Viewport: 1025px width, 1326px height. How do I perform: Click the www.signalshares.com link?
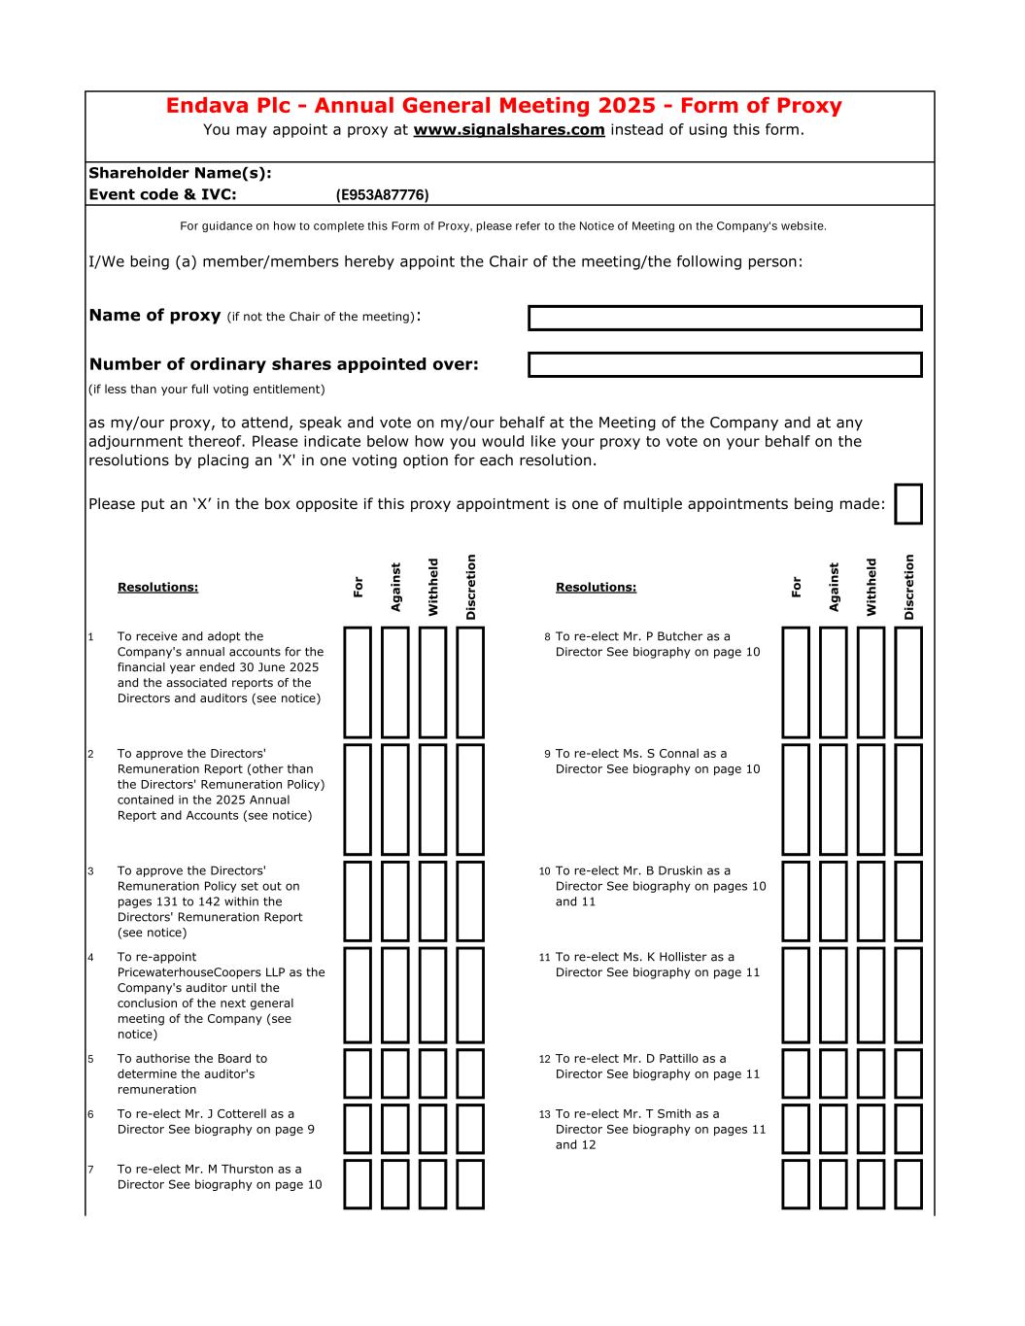point(509,130)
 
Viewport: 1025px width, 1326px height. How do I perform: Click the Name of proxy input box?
point(725,318)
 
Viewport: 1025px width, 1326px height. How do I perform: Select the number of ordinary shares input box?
point(725,365)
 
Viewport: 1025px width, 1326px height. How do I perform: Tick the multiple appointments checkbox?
point(907,503)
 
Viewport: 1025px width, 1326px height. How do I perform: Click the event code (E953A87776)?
point(382,195)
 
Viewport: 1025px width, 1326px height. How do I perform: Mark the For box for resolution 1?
point(358,682)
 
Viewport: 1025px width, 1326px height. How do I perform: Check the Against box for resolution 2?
point(394,799)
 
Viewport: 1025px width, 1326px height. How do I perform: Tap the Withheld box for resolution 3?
point(432,901)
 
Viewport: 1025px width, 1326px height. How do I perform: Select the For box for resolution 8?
point(796,682)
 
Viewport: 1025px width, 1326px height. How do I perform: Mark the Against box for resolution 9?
point(833,799)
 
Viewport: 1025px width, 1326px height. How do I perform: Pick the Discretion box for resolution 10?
point(908,901)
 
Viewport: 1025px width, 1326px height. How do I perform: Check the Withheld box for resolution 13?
point(871,1129)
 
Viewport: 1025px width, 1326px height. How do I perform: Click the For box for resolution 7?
point(358,1184)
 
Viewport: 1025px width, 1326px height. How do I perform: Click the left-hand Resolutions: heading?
point(157,587)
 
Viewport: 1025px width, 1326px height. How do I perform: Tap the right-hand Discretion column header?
point(909,587)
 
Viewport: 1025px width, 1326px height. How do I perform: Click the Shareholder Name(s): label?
point(180,173)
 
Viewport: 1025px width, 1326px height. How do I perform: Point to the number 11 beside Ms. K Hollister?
point(544,957)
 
